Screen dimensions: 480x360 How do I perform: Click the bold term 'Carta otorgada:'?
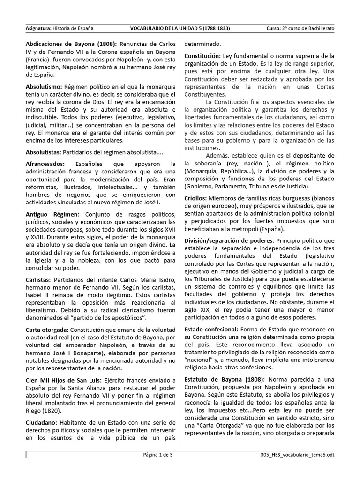click(x=47, y=330)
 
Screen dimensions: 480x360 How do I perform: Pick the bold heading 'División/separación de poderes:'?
click(x=231, y=240)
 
